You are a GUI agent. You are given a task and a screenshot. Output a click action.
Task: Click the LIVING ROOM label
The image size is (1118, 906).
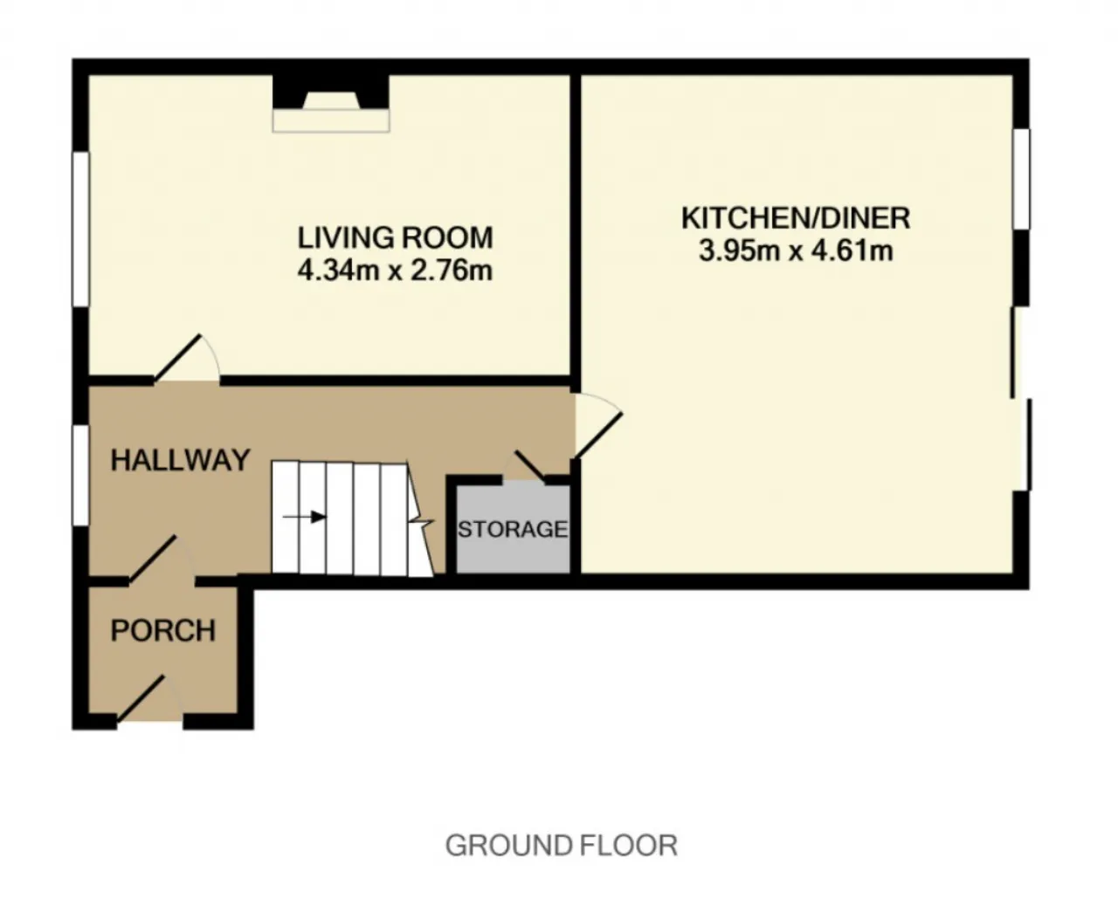[396, 237]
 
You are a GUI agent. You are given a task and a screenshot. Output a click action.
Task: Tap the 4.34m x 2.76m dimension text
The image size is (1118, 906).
[396, 271]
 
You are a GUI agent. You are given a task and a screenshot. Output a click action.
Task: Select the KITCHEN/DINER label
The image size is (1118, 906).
[796, 218]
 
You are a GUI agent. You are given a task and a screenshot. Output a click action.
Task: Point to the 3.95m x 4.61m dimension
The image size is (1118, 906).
[796, 251]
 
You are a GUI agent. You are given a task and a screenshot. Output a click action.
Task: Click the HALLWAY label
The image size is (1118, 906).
[180, 461]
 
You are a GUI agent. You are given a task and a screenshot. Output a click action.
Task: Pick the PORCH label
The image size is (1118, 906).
[163, 630]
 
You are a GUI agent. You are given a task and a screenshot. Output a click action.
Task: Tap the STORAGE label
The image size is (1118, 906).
[513, 529]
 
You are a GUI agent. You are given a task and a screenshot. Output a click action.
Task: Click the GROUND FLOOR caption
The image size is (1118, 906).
[561, 846]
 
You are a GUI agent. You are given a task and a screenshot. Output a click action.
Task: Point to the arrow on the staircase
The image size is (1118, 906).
[305, 518]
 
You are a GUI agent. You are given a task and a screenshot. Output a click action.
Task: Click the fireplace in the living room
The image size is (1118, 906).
[331, 103]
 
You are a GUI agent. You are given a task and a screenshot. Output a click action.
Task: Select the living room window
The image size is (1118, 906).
[81, 229]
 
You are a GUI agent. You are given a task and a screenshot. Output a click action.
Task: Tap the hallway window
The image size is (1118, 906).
[81, 474]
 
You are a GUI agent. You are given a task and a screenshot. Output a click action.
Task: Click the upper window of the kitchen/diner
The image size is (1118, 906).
[1021, 179]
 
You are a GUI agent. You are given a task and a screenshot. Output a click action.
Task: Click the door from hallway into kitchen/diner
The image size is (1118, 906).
[597, 427]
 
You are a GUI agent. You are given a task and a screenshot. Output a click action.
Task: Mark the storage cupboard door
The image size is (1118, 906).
[530, 465]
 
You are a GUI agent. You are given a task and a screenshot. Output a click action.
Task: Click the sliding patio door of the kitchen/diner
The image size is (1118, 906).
[1021, 399]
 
